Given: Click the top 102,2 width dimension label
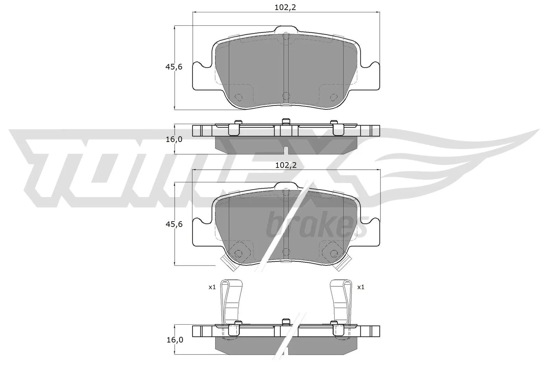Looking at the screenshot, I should click(285, 8).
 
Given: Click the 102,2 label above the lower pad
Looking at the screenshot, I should click(285, 165).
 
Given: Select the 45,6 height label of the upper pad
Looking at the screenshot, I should click(174, 67).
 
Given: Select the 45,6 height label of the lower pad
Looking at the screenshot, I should click(174, 224).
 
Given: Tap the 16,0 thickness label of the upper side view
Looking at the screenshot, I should click(174, 139).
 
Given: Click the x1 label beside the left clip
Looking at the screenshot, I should click(212, 287).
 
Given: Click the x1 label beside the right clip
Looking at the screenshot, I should click(360, 287).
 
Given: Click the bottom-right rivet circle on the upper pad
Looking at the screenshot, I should click(333, 97).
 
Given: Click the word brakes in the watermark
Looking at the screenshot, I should click(317, 226).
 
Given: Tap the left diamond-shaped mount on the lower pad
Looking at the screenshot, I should click(238, 252).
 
